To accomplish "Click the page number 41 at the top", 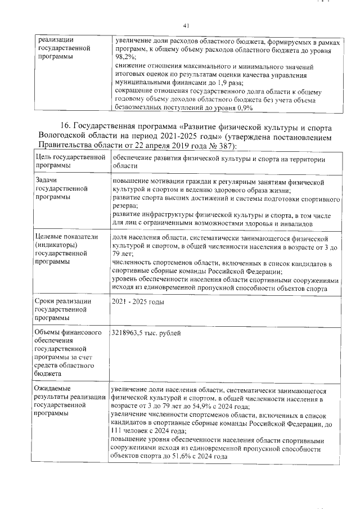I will pos(187,25).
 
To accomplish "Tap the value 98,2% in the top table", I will pos(125,57).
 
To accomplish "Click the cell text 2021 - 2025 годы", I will pos(137,302).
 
